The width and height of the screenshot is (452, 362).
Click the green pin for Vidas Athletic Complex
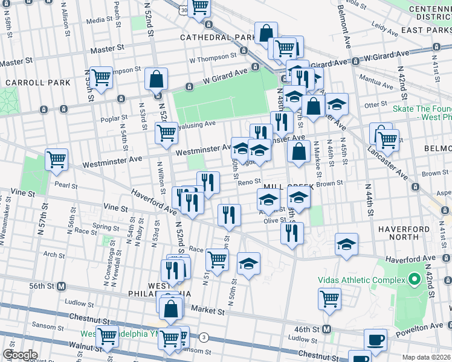point(415,280)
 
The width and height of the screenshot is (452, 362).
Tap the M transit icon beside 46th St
point(327,329)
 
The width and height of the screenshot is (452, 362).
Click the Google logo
point(19,355)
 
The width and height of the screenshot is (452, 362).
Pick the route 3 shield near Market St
point(204,337)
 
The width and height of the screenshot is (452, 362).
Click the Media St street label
point(96,20)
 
